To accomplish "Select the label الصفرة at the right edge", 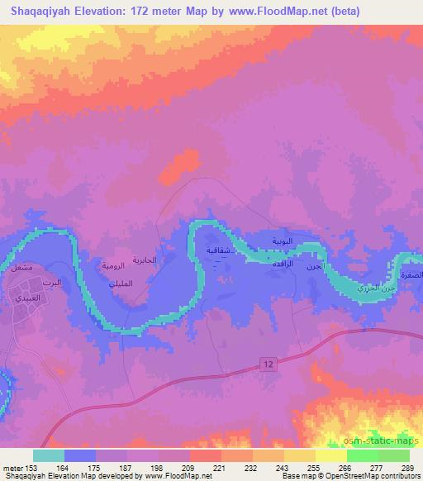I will pos(411,274).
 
